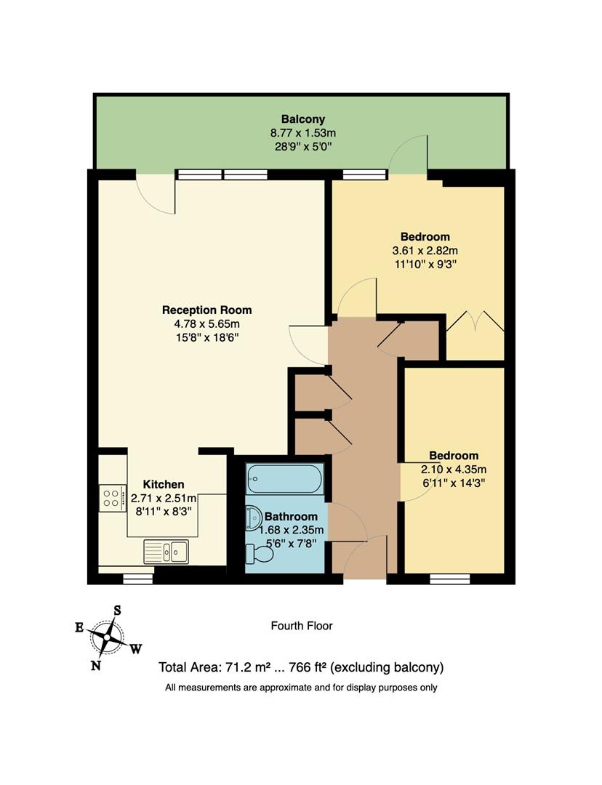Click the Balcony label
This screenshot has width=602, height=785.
[302, 119]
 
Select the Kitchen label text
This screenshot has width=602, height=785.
[163, 484]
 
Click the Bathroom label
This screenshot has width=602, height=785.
[291, 516]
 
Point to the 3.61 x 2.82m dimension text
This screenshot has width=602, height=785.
[425, 251]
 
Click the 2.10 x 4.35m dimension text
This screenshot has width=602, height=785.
[453, 469]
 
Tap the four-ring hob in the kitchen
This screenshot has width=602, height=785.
[112, 498]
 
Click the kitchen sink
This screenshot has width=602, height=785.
[166, 552]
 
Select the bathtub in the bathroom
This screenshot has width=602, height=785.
[284, 478]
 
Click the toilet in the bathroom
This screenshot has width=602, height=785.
[260, 555]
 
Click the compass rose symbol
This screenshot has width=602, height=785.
[107, 637]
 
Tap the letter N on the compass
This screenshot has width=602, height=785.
[95, 664]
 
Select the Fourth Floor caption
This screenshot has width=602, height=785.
[301, 625]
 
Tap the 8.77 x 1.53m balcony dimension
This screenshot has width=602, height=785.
[302, 133]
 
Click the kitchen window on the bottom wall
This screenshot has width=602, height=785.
[137, 579]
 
